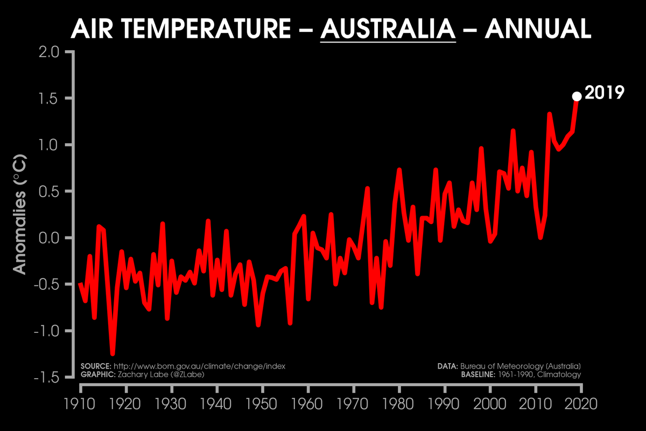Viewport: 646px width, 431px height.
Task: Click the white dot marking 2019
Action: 576,96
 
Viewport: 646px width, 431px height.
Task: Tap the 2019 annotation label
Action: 604,93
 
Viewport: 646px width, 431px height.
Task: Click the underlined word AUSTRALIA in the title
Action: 388,29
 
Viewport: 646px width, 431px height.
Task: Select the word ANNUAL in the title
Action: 538,29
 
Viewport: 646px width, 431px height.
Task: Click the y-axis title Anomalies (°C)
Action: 20,215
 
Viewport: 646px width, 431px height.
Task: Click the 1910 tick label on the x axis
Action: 80,404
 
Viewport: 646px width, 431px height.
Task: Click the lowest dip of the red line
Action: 113,353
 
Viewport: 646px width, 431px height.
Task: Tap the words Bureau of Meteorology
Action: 498,366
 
